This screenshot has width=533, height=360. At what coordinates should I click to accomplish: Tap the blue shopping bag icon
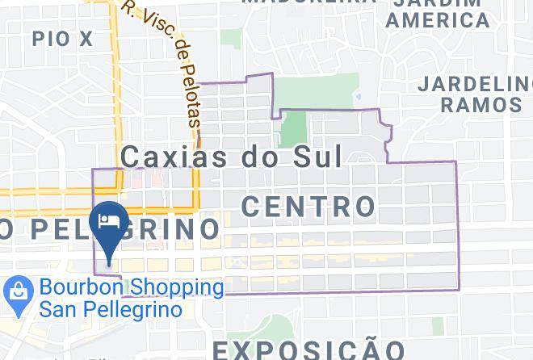coord(15,296)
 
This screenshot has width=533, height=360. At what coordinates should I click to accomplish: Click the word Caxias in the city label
coord(173,156)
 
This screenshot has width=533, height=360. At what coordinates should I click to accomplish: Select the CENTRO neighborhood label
coord(308,206)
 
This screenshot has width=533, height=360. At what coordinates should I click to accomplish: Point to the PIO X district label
coord(63,37)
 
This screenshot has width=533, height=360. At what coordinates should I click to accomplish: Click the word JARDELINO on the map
coord(476,84)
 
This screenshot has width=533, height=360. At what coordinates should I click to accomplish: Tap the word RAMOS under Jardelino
coord(481,105)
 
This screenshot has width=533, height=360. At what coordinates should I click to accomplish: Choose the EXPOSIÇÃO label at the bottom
coord(308,350)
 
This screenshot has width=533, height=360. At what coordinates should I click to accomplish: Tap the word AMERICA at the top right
coord(437,19)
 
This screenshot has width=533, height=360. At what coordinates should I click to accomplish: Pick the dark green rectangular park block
coord(293,129)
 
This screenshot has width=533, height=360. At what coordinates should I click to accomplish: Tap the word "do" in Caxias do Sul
coord(257,156)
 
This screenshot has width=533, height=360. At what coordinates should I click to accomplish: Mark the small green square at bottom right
coord(438,325)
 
